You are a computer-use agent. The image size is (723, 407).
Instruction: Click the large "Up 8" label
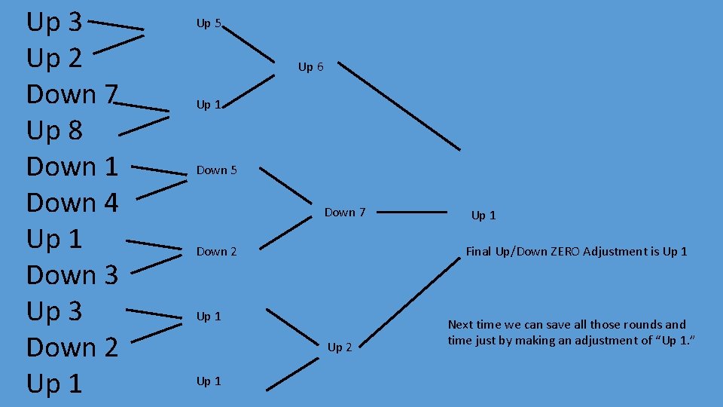tap(54, 131)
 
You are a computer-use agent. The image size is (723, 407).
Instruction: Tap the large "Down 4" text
tap(72, 203)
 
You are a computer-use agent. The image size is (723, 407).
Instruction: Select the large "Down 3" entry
tap(72, 275)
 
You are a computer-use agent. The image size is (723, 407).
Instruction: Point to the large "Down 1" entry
tap(72, 167)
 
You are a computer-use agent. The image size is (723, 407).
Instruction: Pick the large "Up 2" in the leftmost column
tap(54, 59)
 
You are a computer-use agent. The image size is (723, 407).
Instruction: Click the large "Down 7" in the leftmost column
tap(72, 95)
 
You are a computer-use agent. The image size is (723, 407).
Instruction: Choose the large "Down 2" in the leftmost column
tap(72, 347)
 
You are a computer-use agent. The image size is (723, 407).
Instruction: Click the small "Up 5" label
tap(209, 23)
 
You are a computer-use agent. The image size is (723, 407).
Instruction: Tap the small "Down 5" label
tap(216, 170)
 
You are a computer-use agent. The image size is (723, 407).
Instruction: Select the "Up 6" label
tap(310, 67)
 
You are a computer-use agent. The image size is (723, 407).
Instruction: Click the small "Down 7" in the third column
tap(344, 213)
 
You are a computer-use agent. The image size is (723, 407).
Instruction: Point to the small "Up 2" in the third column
tap(339, 347)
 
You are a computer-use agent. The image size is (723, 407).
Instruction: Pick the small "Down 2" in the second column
tap(216, 252)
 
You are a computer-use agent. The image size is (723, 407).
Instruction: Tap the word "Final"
tap(479, 252)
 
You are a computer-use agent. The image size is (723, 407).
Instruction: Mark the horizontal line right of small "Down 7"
tap(410, 213)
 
